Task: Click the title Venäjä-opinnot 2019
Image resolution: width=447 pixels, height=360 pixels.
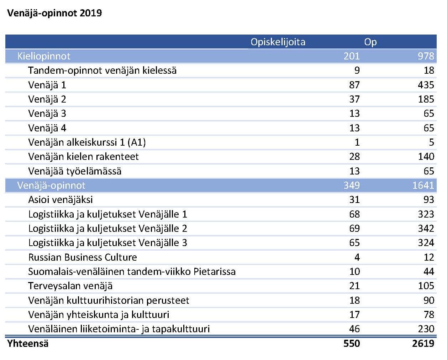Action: click(54, 13)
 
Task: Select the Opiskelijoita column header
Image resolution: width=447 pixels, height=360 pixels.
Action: click(278, 42)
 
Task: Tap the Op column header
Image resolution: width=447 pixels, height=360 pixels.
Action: click(370, 42)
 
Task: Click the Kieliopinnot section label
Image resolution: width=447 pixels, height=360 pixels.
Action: click(44, 56)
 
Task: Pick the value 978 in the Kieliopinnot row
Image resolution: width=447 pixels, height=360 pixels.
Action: click(426, 56)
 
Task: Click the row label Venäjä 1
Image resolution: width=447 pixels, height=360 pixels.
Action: click(47, 85)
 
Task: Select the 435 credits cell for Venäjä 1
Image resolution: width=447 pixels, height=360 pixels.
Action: click(426, 85)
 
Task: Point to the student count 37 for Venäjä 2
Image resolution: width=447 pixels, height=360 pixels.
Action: click(354, 99)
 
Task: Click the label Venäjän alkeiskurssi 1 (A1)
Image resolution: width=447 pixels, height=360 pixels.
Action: click(87, 142)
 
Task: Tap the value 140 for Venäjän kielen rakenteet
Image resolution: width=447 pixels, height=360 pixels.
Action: click(426, 157)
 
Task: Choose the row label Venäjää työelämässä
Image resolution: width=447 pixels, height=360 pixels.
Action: click(75, 171)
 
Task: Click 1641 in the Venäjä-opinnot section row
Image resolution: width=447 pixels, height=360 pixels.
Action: click(423, 186)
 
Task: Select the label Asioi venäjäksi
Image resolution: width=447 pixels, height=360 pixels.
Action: click(61, 200)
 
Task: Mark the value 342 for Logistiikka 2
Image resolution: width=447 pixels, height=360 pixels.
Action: click(426, 229)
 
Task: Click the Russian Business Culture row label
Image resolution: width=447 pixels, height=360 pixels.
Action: click(83, 257)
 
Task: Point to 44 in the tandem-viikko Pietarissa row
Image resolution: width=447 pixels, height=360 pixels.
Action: click(429, 271)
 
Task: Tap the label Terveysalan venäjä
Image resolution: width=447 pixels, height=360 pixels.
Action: click(70, 286)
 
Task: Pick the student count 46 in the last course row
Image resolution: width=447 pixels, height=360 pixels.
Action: click(354, 329)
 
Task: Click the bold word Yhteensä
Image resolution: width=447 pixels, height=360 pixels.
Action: click(28, 344)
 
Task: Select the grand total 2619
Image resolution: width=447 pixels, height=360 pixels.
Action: click(423, 344)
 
